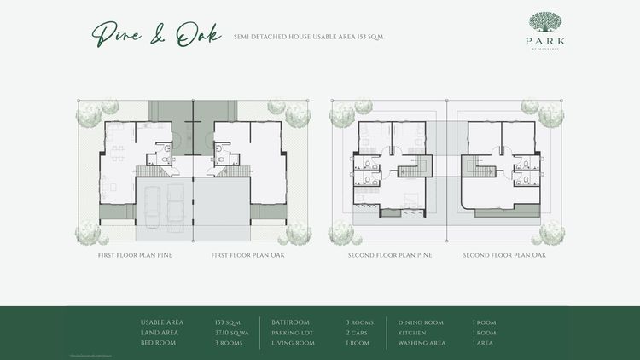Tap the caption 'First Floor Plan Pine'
click(135, 255)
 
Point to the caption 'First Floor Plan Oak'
click(247, 255)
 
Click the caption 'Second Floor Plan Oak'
click(504, 255)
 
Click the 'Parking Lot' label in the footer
click(291, 333)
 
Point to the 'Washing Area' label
click(422, 343)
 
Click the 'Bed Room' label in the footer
click(157, 343)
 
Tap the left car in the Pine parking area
click(149, 206)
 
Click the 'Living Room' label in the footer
click(292, 343)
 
